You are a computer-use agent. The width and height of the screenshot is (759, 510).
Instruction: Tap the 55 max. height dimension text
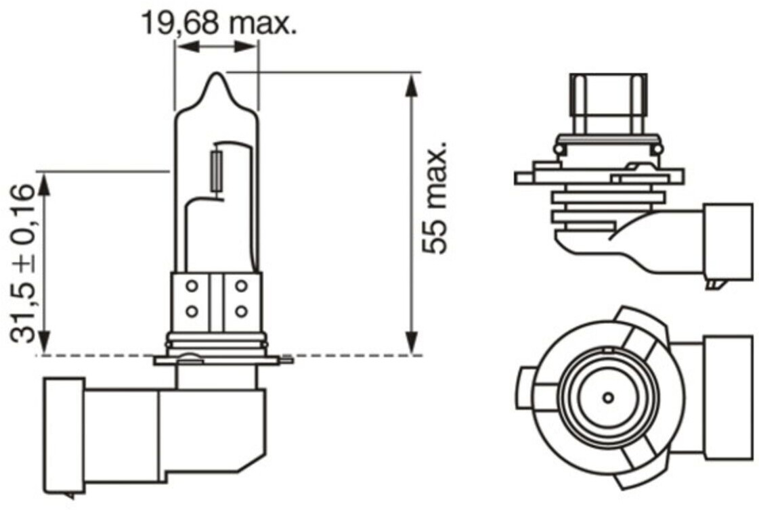click(434, 198)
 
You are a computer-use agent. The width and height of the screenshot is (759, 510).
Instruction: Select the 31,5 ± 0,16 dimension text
click(23, 264)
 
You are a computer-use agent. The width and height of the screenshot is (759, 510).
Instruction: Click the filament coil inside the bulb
click(217, 172)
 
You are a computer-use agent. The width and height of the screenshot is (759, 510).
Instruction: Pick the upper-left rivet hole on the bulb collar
click(192, 286)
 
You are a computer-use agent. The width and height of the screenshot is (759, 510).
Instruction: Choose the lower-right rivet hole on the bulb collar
click(241, 311)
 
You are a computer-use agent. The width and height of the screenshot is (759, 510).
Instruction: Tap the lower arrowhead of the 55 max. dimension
click(411, 343)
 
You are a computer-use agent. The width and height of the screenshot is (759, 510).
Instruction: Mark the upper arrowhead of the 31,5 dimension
click(43, 185)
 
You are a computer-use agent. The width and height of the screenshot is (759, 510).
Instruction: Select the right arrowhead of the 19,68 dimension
click(245, 47)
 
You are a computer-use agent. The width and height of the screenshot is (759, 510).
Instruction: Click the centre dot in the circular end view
click(609, 398)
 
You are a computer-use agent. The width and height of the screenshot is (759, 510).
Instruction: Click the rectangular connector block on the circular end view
click(729, 398)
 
